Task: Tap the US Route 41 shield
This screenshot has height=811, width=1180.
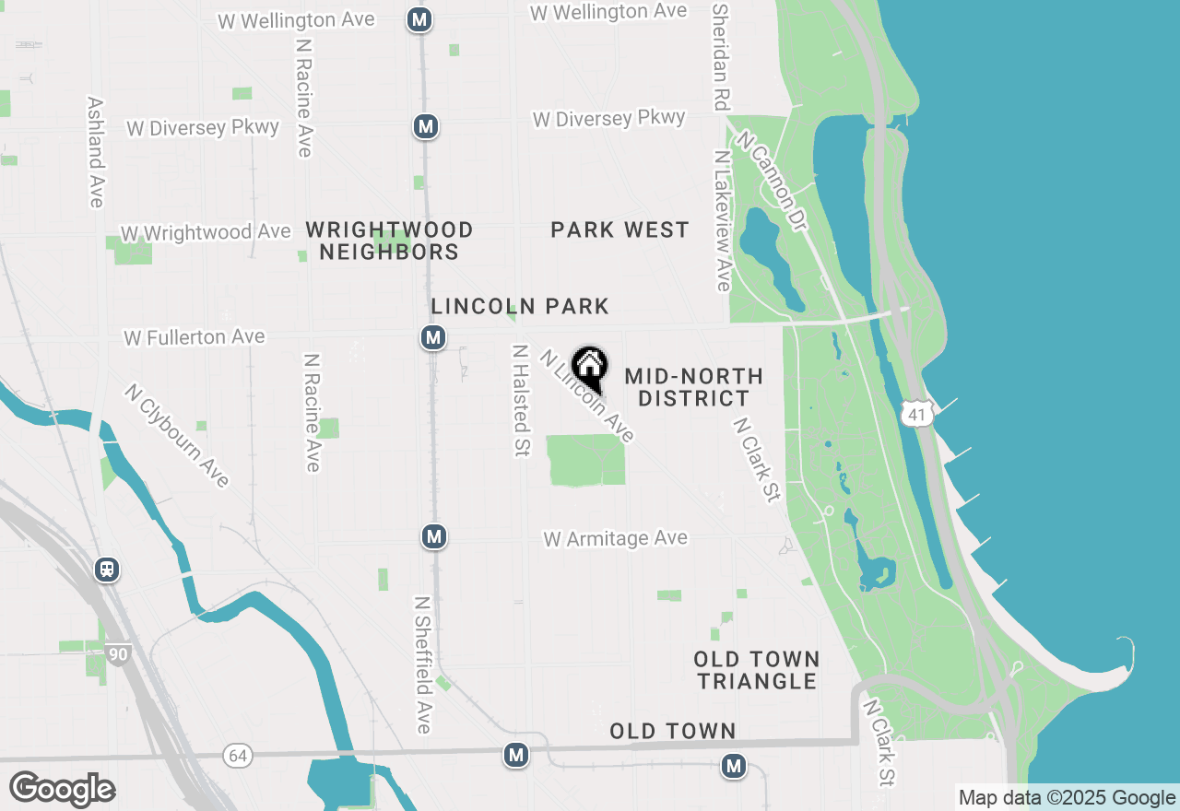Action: tap(916, 415)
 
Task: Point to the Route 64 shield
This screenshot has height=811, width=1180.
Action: tap(238, 756)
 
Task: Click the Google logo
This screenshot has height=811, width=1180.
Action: tap(62, 789)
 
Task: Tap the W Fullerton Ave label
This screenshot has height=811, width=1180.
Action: tap(195, 338)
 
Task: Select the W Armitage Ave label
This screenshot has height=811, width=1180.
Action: tap(616, 538)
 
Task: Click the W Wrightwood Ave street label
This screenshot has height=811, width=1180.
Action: tap(206, 233)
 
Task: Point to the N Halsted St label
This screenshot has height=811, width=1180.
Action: tap(521, 400)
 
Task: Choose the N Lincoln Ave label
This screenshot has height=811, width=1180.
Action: tap(588, 395)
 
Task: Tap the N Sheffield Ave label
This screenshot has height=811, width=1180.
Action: tap(422, 664)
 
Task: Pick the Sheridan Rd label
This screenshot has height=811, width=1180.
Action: tap(721, 56)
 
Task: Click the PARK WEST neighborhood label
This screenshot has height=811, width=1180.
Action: tap(619, 230)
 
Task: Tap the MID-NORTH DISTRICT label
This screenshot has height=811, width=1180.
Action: tap(693, 387)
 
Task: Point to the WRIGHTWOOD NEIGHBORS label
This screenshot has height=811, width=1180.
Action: tap(389, 241)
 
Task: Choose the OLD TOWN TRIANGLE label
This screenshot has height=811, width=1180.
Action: tap(757, 670)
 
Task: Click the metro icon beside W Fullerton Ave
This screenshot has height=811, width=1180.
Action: tap(433, 337)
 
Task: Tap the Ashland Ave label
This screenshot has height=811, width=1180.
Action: tap(96, 152)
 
